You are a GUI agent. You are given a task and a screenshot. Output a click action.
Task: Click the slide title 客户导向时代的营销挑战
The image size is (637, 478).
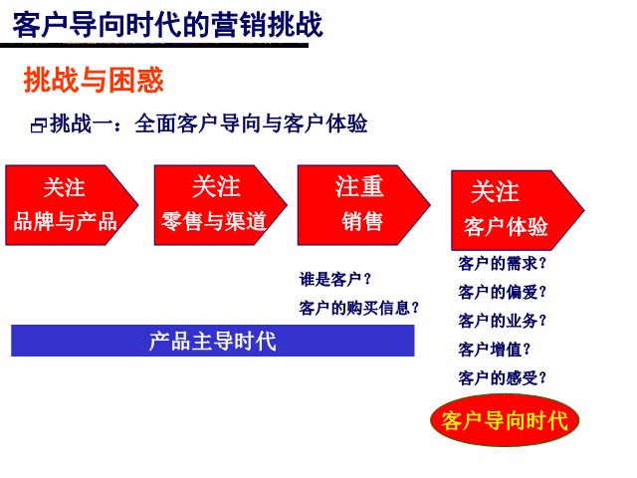[168, 25]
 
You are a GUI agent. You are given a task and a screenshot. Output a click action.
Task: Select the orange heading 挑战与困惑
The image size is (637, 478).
[94, 80]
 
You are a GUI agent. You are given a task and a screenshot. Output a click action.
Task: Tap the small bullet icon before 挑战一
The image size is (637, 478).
[39, 125]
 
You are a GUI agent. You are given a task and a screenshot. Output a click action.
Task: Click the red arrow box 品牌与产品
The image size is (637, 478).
[72, 205]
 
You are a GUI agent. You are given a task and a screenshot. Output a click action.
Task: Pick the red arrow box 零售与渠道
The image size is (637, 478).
[221, 205]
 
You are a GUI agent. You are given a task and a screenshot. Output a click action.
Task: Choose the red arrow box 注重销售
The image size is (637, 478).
[364, 205]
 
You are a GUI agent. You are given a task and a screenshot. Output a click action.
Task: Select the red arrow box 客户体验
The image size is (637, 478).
[518, 210]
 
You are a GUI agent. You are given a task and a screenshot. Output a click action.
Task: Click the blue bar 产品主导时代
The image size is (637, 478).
[213, 341]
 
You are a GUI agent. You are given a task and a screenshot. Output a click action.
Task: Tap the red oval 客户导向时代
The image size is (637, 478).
[505, 420]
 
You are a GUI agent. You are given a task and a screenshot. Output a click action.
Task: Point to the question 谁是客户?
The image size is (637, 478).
[335, 280]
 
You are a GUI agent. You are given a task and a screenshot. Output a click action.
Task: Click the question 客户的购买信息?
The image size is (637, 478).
[358, 308]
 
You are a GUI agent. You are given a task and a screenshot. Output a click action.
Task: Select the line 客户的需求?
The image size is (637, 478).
[502, 263]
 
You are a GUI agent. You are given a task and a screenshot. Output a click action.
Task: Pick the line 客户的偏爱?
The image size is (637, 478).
[502, 292]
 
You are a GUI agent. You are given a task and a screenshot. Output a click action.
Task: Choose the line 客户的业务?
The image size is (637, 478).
[502, 321]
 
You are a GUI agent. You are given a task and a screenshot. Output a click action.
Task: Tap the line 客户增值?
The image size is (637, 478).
[495, 350]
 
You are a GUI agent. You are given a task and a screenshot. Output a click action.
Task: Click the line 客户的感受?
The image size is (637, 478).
[502, 378]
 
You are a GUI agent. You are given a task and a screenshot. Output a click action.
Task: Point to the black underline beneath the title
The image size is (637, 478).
[154, 45]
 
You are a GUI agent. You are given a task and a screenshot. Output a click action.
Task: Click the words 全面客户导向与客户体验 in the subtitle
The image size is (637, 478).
[251, 123]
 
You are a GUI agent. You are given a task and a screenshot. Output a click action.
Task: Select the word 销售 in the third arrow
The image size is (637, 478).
[362, 222]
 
